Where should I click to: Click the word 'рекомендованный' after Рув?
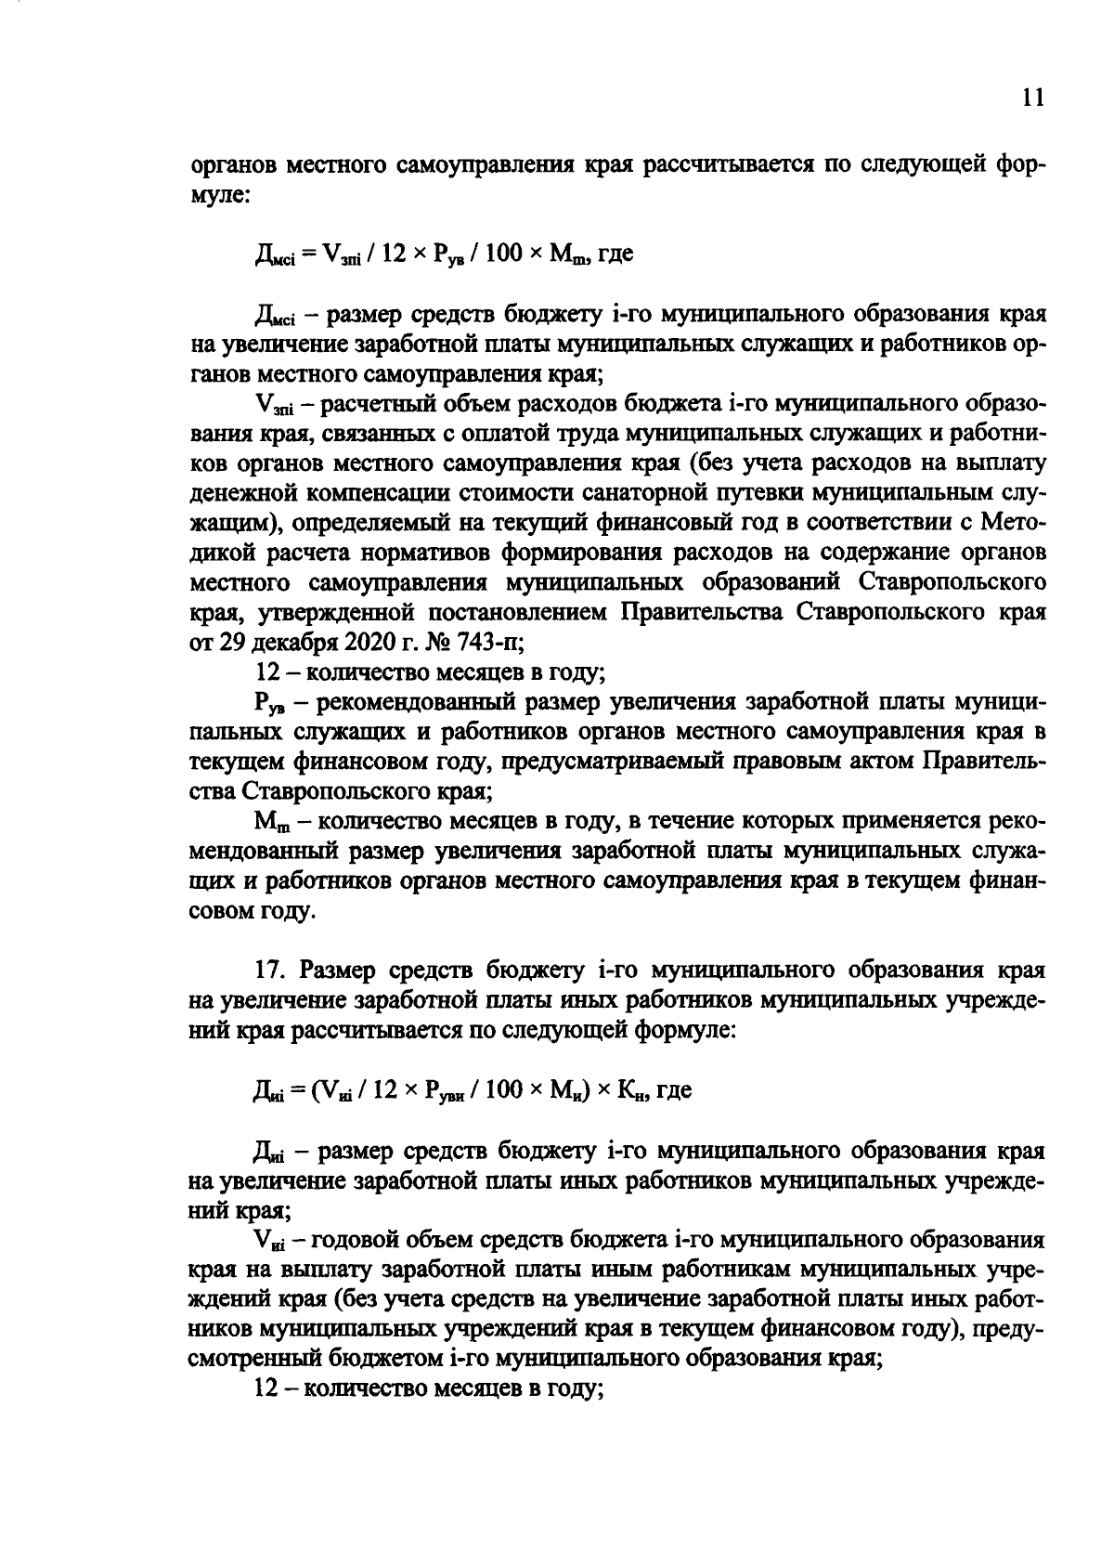408,701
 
